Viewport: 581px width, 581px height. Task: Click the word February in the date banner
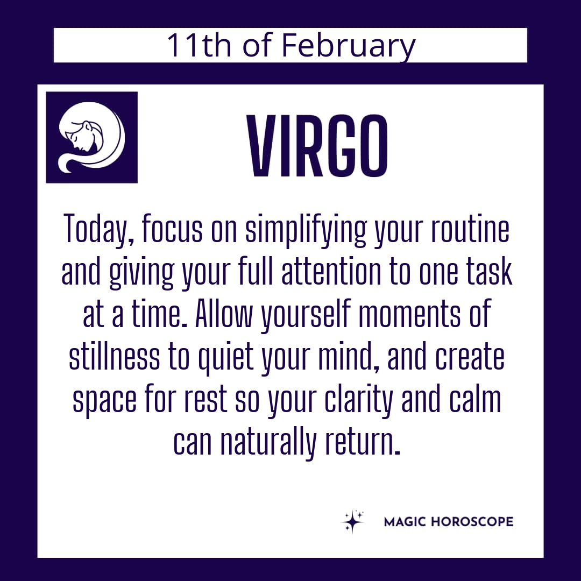coord(348,46)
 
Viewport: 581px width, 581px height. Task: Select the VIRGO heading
coord(318,146)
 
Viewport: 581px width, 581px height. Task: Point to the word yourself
coord(306,315)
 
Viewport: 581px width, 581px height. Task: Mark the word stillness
coord(115,357)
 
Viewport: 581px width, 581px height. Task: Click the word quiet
coord(226,358)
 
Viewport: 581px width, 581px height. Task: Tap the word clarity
coord(358,400)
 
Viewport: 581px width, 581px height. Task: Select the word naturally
coord(268,443)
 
